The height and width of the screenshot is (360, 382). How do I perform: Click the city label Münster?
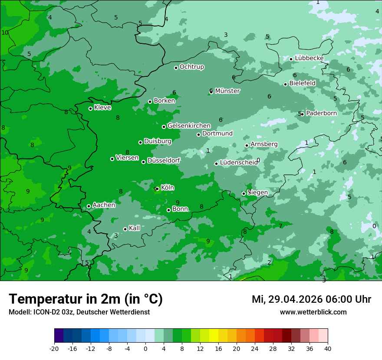click(227, 91)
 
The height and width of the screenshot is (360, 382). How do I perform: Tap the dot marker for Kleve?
click(90, 108)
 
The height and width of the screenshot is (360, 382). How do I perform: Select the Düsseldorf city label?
click(164, 161)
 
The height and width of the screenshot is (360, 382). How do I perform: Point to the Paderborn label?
click(321, 113)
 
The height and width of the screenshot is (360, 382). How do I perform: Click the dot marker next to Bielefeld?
click(285, 84)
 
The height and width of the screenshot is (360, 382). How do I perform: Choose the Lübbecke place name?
click(309, 58)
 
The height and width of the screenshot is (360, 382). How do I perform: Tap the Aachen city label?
click(104, 205)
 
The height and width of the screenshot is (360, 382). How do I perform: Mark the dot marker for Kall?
click(125, 229)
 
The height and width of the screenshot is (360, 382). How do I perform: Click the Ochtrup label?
click(192, 67)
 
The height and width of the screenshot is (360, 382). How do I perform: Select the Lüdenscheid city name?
click(239, 163)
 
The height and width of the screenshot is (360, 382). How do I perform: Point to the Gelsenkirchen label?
click(189, 126)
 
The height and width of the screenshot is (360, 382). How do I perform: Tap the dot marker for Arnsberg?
click(247, 145)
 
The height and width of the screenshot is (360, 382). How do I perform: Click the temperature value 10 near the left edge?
click(5, 33)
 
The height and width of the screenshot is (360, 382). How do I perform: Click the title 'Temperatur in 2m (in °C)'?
click(86, 299)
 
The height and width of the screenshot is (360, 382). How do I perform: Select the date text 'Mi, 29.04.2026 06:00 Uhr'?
click(311, 299)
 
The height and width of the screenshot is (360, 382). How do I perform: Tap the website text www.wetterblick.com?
click(313, 312)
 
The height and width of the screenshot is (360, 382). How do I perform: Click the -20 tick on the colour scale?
click(54, 348)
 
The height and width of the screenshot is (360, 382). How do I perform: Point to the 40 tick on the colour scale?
click(328, 348)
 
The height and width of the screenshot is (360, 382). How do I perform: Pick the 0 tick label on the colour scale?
click(145, 348)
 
